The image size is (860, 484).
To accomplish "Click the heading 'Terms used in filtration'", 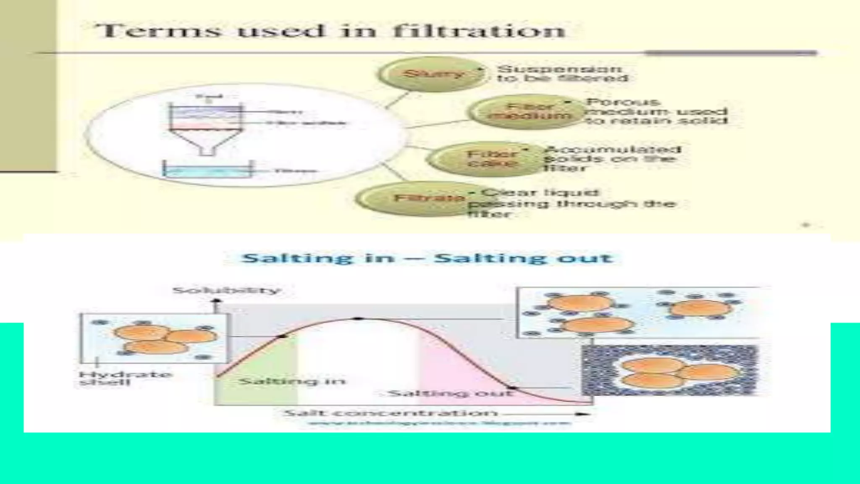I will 330,31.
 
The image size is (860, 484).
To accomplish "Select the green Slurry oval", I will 433,74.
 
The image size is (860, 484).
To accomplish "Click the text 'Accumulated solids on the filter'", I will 611,159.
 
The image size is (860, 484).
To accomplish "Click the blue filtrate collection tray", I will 208,171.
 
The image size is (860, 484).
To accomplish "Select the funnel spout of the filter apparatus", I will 207,149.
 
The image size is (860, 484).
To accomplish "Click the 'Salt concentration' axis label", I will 390,413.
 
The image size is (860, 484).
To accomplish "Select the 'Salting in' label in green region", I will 292,381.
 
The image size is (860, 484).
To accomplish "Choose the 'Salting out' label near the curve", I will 451,394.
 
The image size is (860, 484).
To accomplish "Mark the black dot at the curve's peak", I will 357,319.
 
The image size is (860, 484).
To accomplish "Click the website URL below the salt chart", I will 439,423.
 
